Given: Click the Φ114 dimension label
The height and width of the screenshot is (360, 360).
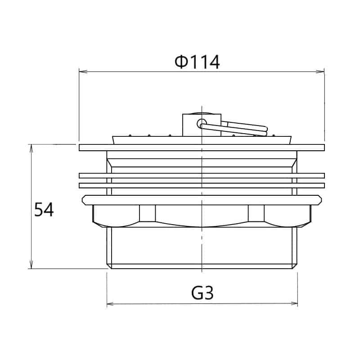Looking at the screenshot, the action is (197, 62).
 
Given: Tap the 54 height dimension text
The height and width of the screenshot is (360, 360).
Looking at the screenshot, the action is (44, 209).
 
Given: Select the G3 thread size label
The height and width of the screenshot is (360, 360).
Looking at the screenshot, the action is (202, 293).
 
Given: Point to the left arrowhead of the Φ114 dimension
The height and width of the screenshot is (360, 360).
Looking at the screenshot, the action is (83, 72).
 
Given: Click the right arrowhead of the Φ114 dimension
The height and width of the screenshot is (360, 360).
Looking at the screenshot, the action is (320, 72).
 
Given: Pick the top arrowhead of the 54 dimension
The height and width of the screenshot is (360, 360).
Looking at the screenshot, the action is (31, 148).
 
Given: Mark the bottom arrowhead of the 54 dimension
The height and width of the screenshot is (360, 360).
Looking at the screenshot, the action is (31, 264).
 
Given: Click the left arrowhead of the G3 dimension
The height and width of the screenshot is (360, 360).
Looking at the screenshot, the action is (111, 304).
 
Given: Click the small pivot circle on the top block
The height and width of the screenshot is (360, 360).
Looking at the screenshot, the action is (202, 123).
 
